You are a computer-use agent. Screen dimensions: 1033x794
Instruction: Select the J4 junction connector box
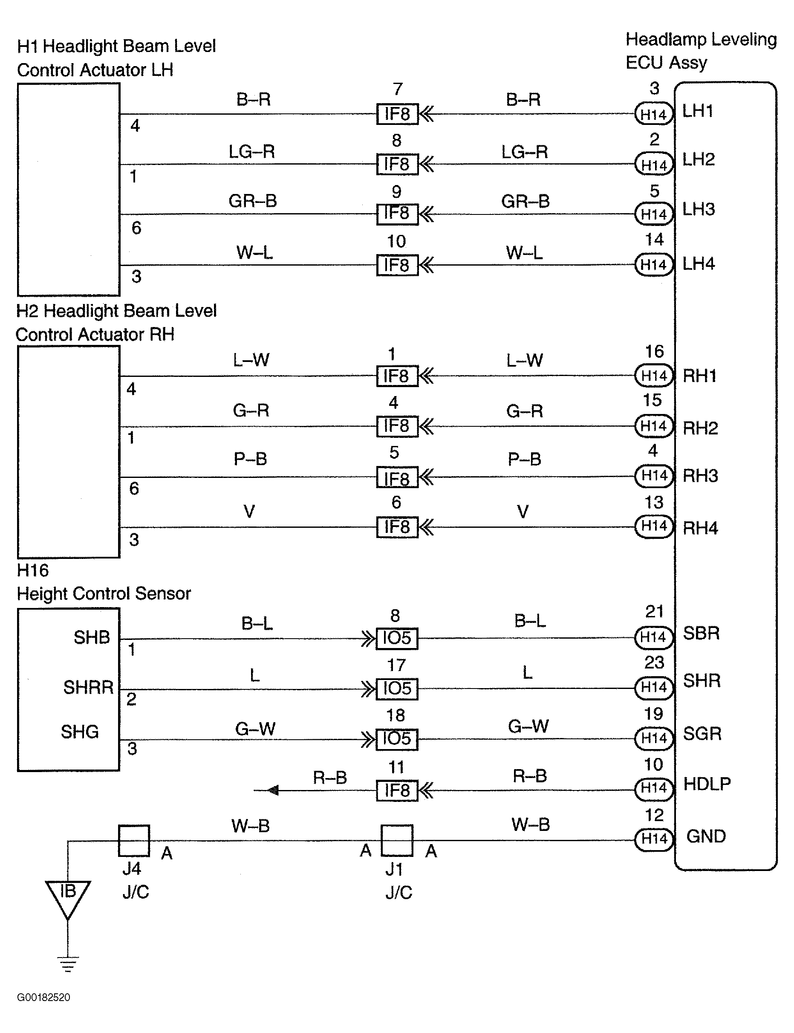point(134,841)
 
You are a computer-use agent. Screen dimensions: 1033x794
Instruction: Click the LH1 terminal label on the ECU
point(698,111)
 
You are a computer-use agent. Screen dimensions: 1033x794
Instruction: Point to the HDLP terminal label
point(707,784)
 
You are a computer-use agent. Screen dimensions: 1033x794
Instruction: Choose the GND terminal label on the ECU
point(706,836)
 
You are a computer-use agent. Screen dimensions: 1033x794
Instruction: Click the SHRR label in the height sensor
point(88,687)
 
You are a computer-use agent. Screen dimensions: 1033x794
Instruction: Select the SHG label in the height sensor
point(79,732)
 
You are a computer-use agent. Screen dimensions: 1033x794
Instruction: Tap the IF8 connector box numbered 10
point(397,265)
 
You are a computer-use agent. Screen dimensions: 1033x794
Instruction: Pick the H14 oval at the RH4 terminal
point(654,526)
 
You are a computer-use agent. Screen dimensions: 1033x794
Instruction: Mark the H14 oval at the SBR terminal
point(654,637)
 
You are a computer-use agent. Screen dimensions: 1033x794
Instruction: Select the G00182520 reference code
point(43,998)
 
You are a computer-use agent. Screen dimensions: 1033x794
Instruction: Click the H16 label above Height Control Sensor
point(33,570)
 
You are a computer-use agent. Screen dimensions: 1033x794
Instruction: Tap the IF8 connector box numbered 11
point(397,790)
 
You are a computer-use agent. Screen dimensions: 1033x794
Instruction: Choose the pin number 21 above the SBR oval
point(655,612)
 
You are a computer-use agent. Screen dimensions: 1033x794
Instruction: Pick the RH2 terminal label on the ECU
point(700,428)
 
